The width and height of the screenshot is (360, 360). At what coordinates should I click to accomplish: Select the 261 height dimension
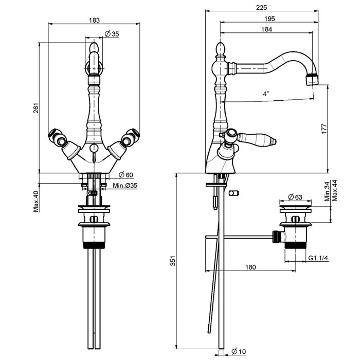[x=35, y=109]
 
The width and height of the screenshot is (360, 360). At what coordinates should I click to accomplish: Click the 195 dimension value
[x=267, y=18]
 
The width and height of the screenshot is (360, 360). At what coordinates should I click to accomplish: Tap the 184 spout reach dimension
[x=266, y=29]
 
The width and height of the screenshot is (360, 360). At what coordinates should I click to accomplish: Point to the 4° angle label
[x=266, y=94]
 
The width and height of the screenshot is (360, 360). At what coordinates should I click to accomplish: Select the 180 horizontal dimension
[x=250, y=267]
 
